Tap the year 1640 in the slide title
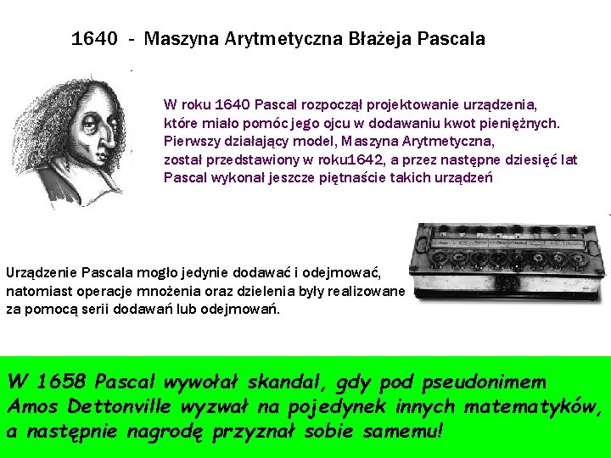[x=94, y=39]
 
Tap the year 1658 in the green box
[x=64, y=383]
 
